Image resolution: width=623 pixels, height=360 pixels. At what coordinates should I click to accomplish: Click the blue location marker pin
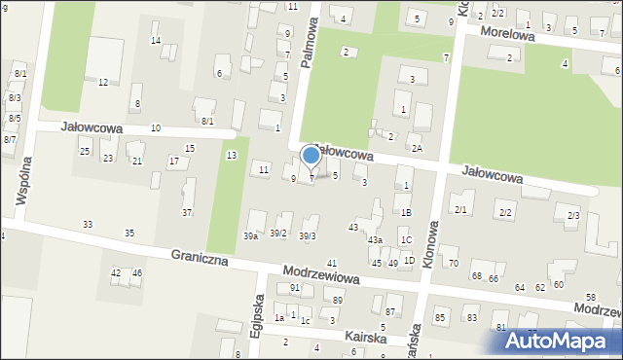click(311, 156)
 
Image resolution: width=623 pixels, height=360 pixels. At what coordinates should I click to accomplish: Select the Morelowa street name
click(510, 36)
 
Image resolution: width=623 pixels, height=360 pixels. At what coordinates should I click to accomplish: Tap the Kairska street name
click(364, 337)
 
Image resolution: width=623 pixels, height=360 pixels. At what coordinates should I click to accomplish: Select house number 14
click(156, 40)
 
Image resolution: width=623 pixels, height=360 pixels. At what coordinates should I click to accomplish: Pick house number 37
click(187, 212)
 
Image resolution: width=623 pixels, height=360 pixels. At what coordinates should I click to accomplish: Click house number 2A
click(417, 148)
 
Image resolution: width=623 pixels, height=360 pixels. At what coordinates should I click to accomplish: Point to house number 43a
click(375, 239)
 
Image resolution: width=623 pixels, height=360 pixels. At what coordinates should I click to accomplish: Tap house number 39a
click(251, 236)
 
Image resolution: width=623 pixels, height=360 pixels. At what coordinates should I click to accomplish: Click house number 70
click(452, 264)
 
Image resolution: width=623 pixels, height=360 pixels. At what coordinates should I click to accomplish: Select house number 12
click(103, 82)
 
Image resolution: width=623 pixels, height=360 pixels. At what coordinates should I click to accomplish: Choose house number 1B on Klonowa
click(406, 212)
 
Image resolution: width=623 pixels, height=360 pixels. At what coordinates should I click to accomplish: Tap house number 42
click(116, 273)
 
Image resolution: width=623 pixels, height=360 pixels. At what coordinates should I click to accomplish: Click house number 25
click(85, 152)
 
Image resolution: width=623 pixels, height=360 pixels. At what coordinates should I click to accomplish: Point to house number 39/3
click(307, 236)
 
